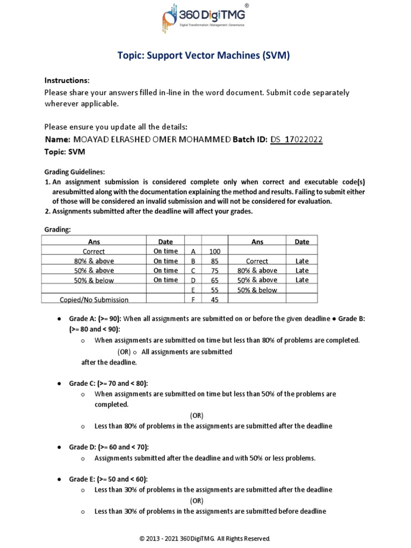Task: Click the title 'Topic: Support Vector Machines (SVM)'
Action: coord(204,56)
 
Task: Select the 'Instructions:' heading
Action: coord(67,80)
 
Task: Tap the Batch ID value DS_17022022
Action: coord(296,140)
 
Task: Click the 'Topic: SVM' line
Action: coord(64,152)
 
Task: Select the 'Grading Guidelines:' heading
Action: coord(74,172)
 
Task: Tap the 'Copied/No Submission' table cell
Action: coord(94,300)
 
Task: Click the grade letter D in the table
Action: coord(193,280)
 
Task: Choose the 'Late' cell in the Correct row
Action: coord(302,261)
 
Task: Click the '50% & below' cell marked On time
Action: coord(94,280)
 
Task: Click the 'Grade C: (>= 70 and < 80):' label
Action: coord(109,384)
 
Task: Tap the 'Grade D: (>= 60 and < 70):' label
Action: coord(109,447)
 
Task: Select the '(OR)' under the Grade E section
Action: coord(197,500)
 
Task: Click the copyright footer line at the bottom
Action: coord(205,538)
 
